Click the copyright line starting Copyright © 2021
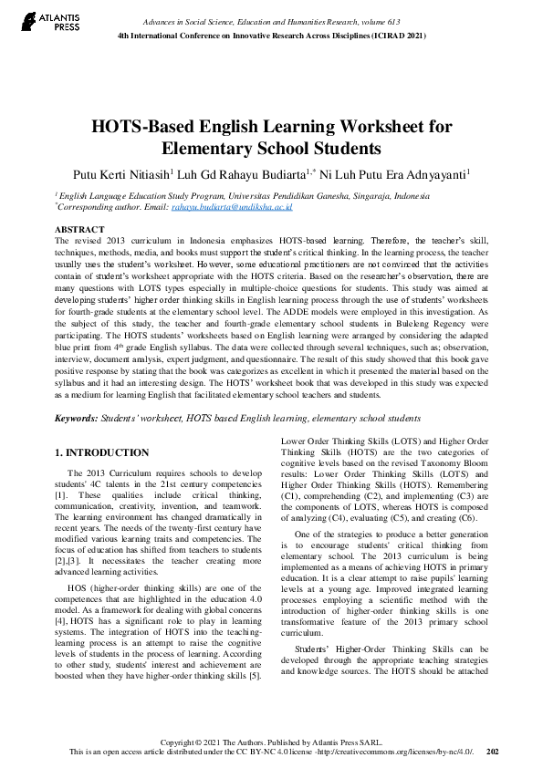click(x=271, y=742)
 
